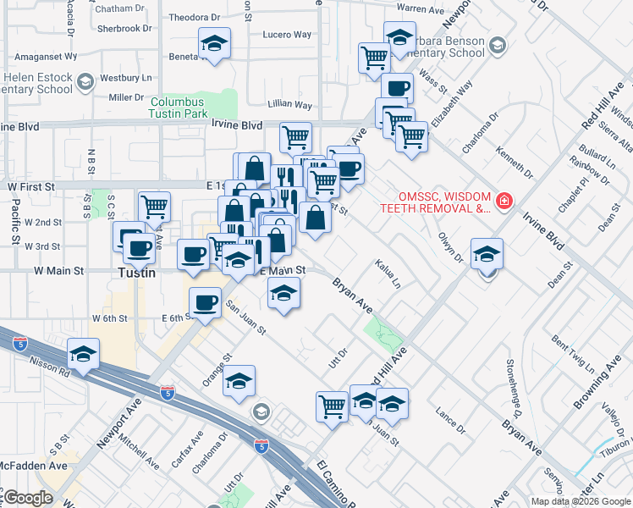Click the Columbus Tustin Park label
pyautogui.click(x=179, y=107)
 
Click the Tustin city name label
pyautogui.click(x=135, y=273)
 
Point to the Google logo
pyautogui.click(x=28, y=499)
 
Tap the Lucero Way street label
pyautogui.click(x=287, y=36)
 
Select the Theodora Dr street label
pyautogui.click(x=194, y=17)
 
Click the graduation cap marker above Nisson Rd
pyautogui.click(x=84, y=355)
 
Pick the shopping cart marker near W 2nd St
pyautogui.click(x=154, y=206)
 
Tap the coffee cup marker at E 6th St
pyautogui.click(x=204, y=303)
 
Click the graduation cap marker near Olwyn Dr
pyautogui.click(x=487, y=254)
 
